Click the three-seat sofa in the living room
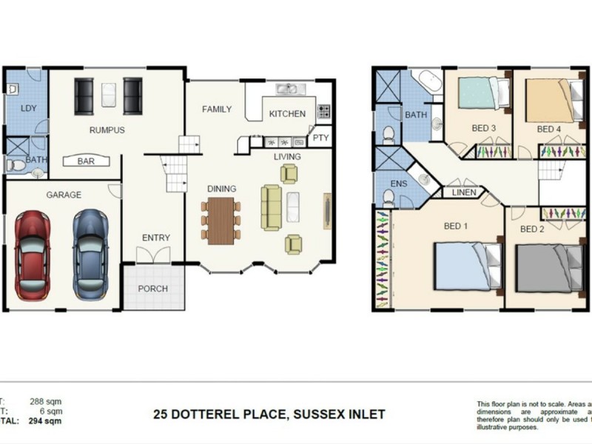coord(271,208)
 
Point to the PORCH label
coord(153,289)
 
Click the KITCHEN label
coord(287,114)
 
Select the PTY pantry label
coord(320,138)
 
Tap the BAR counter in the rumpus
coord(86,161)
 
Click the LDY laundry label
coord(29,109)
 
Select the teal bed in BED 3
coord(483,94)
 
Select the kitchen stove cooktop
coord(324,112)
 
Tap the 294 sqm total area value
coord(45,421)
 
